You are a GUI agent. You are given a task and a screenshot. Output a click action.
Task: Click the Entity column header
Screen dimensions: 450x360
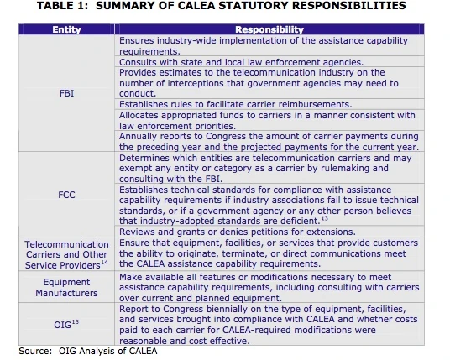click(x=66, y=29)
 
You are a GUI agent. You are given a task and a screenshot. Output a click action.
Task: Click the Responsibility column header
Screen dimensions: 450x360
click(x=269, y=29)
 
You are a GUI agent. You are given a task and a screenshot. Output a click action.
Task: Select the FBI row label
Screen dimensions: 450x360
click(x=66, y=94)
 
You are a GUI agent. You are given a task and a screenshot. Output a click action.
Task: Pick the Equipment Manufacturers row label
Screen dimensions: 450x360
click(x=66, y=288)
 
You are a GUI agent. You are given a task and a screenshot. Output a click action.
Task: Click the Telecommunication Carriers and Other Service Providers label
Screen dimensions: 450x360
click(x=66, y=253)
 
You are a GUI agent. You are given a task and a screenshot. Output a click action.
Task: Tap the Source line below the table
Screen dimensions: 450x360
click(x=87, y=351)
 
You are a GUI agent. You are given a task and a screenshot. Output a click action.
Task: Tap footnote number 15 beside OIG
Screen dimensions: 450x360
click(x=76, y=321)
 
